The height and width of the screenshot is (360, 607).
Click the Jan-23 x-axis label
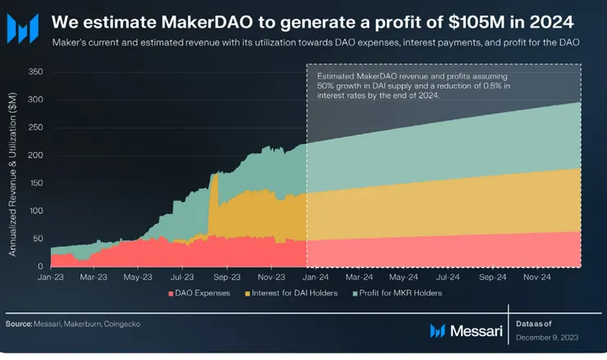tap(51, 277)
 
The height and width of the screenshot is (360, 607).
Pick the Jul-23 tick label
tap(183, 277)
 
